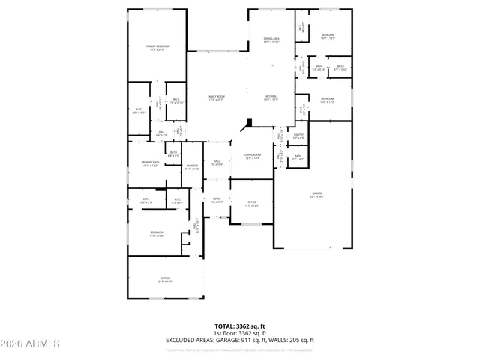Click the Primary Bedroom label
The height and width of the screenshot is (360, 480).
(156, 48)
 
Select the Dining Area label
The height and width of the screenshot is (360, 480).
(271, 40)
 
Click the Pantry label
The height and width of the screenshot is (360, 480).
(298, 136)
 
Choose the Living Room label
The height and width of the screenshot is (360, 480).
(252, 156)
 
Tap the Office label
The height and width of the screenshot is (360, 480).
(252, 203)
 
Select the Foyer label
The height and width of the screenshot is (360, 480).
(217, 200)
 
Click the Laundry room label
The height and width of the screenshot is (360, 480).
(192, 166)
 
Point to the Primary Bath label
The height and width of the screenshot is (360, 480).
(151, 164)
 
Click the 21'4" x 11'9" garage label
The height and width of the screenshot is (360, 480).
(165, 280)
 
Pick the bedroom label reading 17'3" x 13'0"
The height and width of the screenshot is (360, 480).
(156, 233)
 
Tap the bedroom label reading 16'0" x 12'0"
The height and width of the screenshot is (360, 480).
(328, 100)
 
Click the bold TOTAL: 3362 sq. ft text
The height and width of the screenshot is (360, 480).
(240, 326)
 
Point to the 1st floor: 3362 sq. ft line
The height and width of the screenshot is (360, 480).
(240, 333)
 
